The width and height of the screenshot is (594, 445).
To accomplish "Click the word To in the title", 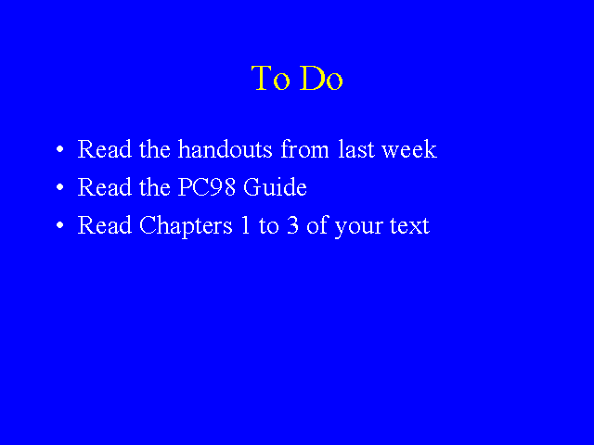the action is pyautogui.click(x=270, y=78).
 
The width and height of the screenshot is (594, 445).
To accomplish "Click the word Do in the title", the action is pyautogui.click(x=321, y=78).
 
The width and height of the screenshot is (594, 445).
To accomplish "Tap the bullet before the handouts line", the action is pyautogui.click(x=59, y=149).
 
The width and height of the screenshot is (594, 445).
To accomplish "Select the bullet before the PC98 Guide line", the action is pyautogui.click(x=59, y=187).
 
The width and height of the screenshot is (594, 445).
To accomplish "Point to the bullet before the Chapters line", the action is pyautogui.click(x=59, y=225).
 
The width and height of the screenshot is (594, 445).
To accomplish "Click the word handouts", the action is pyautogui.click(x=225, y=148).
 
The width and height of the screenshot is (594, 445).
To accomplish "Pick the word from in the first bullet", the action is pyautogui.click(x=304, y=148).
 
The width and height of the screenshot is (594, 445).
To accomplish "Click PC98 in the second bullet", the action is pyautogui.click(x=206, y=187).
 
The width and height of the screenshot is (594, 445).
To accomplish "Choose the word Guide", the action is pyautogui.click(x=275, y=187).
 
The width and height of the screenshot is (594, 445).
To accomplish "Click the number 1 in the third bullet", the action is pyautogui.click(x=245, y=225).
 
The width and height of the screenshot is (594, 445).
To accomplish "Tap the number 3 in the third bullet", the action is pyautogui.click(x=292, y=225).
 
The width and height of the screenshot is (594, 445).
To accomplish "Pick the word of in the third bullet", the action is pyautogui.click(x=316, y=225).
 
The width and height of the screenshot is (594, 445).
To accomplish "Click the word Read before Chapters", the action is pyautogui.click(x=105, y=225).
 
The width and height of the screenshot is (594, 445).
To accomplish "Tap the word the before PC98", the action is pyautogui.click(x=155, y=187).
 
